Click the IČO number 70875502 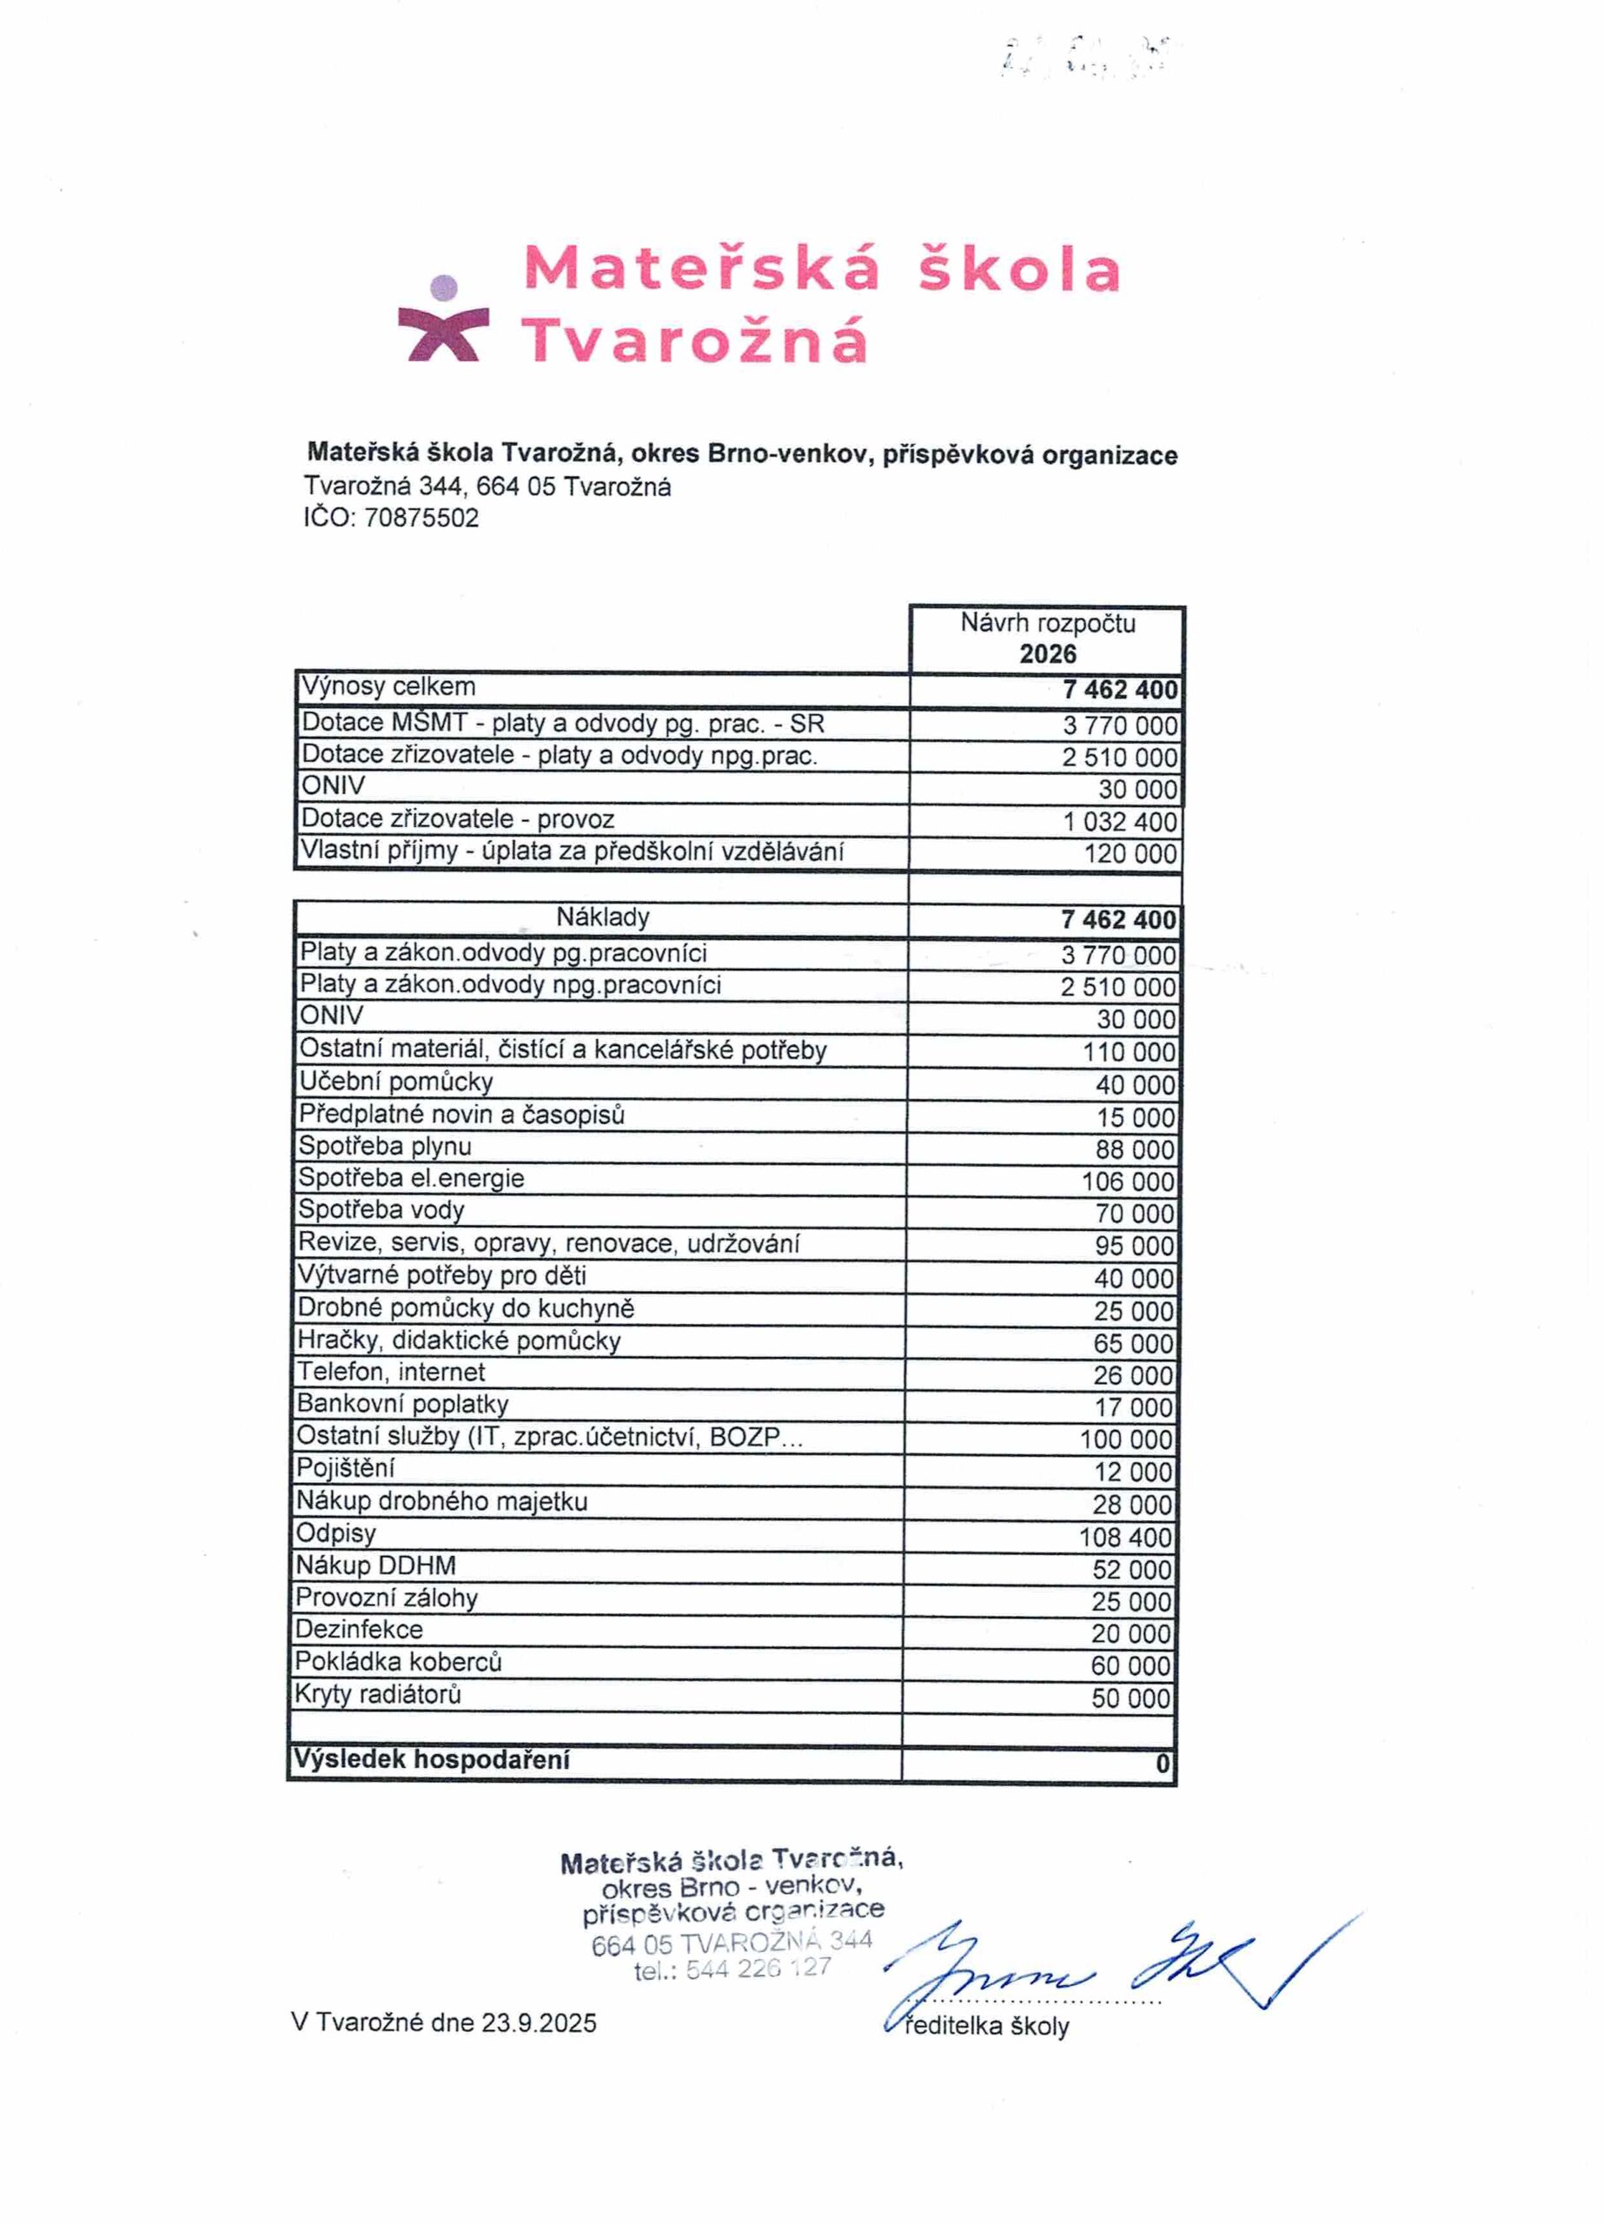coord(421,518)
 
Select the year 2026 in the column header coord(1047,654)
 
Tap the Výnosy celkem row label coord(388,686)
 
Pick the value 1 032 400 coord(1120,822)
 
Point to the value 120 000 coord(1129,854)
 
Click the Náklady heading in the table coord(602,917)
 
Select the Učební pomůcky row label coord(395,1082)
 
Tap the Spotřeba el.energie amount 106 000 coord(1128,1181)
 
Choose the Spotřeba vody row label coord(381,1210)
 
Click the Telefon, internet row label coord(390,1372)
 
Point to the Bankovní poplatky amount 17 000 coord(1133,1408)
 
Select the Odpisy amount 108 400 coord(1125,1538)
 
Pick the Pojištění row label coord(345,1468)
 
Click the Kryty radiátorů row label coord(377,1693)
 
